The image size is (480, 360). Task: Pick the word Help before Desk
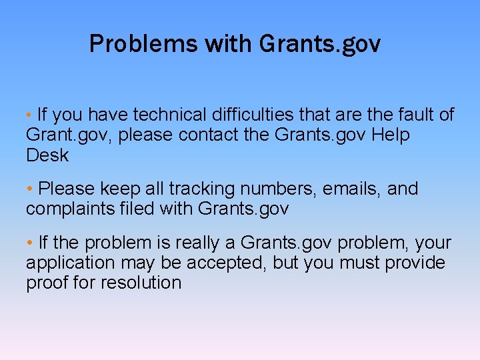pyautogui.click(x=391, y=135)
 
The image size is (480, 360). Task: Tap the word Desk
pyautogui.click(x=47, y=156)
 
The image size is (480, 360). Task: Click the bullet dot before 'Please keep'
pyautogui.click(x=31, y=189)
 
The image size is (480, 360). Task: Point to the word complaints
pyautogui.click(x=68, y=209)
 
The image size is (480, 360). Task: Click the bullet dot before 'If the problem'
pyautogui.click(x=31, y=243)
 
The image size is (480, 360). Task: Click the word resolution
pyautogui.click(x=141, y=283)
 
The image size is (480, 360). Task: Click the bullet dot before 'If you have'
pyautogui.click(x=31, y=115)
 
